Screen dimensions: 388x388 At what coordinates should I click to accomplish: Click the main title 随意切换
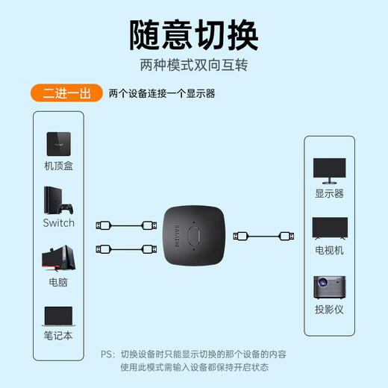pos(193,34)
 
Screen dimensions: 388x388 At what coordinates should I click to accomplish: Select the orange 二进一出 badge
pos(66,93)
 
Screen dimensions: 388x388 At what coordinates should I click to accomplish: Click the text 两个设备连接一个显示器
pos(161,94)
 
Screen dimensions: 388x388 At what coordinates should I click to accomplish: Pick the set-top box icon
pos(59,142)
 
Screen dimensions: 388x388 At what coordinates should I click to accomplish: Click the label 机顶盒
pos(59,166)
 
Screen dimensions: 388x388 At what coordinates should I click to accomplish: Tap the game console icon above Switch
pos(58,200)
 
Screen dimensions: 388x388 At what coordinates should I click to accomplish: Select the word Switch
pos(59,222)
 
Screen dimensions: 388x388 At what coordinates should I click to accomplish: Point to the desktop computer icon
pos(58,258)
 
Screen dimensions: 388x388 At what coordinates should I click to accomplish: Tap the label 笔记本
pos(59,336)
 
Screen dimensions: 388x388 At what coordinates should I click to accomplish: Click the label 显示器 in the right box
pos(329,193)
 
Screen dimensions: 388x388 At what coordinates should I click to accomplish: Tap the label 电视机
pos(329,251)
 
